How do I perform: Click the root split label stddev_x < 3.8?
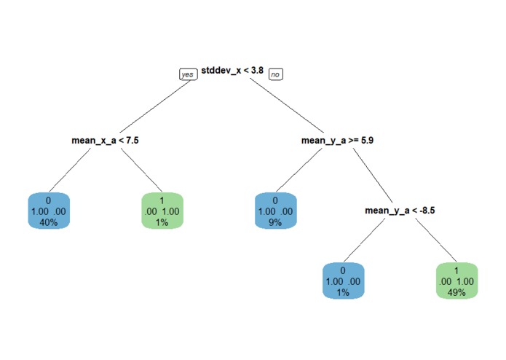click(x=232, y=70)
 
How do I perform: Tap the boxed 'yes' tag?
click(x=188, y=74)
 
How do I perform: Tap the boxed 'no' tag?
click(x=275, y=74)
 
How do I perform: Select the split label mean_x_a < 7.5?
click(x=105, y=139)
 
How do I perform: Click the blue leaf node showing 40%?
click(x=49, y=211)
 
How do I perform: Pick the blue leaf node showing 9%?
click(x=276, y=211)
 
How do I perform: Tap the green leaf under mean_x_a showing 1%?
click(x=162, y=211)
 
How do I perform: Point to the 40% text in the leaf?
click(x=49, y=222)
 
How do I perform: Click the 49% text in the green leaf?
click(x=456, y=292)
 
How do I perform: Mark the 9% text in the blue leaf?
click(x=276, y=222)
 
